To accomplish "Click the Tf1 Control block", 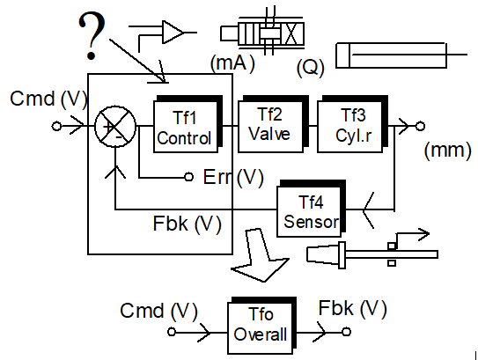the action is (x=188, y=124).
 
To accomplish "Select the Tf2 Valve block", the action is (x=273, y=124).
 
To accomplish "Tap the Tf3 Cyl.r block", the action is (x=352, y=124).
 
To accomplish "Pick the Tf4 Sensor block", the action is (x=311, y=209).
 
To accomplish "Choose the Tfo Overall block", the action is (x=261, y=326).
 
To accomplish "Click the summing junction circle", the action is (x=115, y=126).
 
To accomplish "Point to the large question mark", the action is (x=92, y=36).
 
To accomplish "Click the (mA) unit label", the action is (x=232, y=63).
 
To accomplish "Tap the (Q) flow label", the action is (x=311, y=68).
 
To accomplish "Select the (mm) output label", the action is (x=447, y=150).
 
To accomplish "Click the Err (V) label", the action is (x=233, y=177).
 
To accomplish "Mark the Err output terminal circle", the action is (x=189, y=177).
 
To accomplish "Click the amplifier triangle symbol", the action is (x=173, y=32).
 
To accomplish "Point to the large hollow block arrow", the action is (x=260, y=255).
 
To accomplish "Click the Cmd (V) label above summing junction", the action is (x=48, y=99).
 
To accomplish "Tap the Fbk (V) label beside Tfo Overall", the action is (x=352, y=308).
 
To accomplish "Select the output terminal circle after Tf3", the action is (x=420, y=126).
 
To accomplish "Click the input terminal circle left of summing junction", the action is (x=56, y=126).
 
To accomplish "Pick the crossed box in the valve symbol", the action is (x=291, y=33).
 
